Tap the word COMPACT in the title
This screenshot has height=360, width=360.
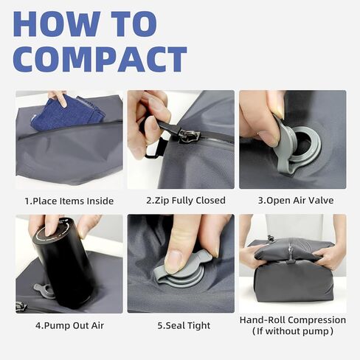click(100, 59)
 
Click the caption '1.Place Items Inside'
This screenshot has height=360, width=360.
click(69, 201)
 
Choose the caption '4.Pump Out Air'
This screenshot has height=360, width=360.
click(69, 325)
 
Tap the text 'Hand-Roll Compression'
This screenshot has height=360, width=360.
click(292, 320)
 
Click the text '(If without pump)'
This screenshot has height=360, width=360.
click(292, 333)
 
